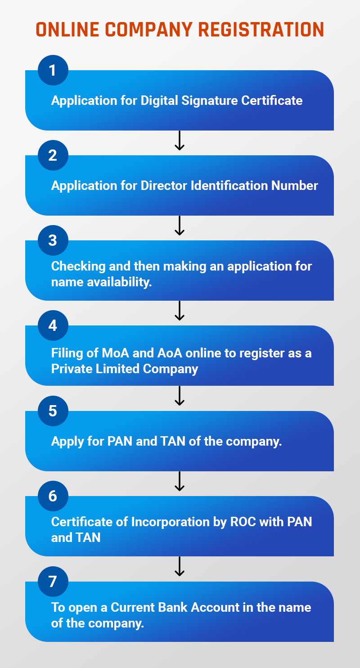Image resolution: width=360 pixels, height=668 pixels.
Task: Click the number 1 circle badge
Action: (x=53, y=70)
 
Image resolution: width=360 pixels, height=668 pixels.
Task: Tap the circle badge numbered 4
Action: (x=53, y=325)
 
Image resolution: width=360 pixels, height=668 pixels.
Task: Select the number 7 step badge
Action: (x=53, y=581)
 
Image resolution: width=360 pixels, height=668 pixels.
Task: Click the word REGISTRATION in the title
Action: (x=261, y=29)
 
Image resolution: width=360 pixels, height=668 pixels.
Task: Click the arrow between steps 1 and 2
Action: (x=180, y=140)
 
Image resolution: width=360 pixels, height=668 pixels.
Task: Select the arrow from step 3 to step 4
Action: (x=180, y=311)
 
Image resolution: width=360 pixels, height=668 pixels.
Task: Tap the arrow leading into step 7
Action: (x=180, y=566)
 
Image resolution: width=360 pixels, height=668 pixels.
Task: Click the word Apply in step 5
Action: (x=66, y=441)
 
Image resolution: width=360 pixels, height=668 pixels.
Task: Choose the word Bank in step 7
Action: (x=172, y=607)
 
